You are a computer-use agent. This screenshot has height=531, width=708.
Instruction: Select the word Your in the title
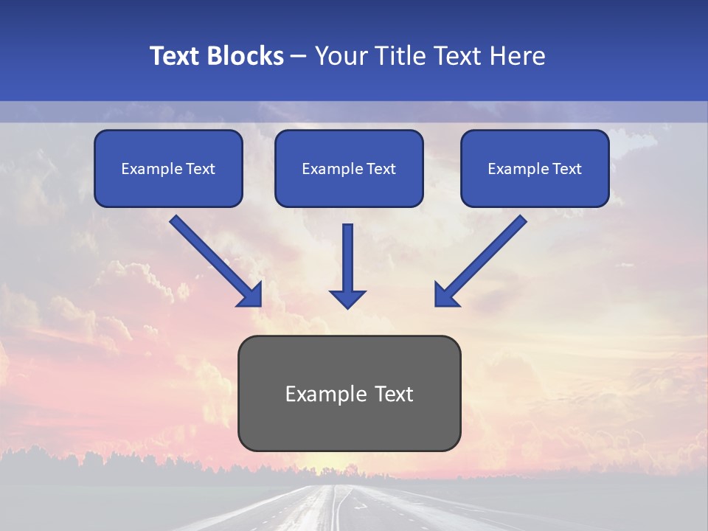tap(343, 56)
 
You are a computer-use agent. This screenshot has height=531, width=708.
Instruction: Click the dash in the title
tap(299, 56)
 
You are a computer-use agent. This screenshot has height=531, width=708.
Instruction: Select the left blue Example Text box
tap(168, 168)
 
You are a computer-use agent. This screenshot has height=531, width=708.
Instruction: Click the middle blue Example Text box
tap(349, 168)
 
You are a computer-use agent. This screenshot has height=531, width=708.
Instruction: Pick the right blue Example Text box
tap(535, 168)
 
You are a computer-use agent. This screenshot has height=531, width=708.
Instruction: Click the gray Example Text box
tap(349, 393)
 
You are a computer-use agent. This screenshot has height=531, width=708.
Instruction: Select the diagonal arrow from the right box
tap(483, 258)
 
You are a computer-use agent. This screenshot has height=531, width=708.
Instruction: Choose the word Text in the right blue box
tap(567, 169)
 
